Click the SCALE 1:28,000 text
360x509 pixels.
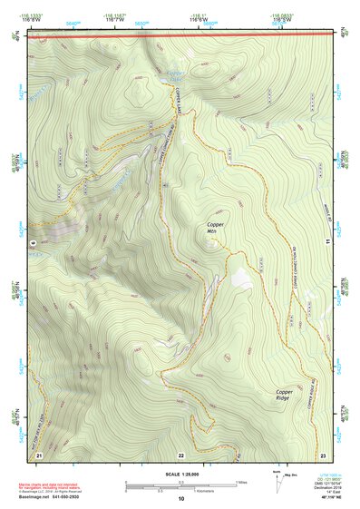(x=180, y=474)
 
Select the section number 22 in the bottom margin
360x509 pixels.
(x=180, y=454)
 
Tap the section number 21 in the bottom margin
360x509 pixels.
(x=38, y=454)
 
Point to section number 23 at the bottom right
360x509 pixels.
(x=323, y=454)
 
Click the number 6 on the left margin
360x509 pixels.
(x=32, y=243)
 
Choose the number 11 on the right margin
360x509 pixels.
(x=329, y=243)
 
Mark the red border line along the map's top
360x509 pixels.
(x=180, y=38)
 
